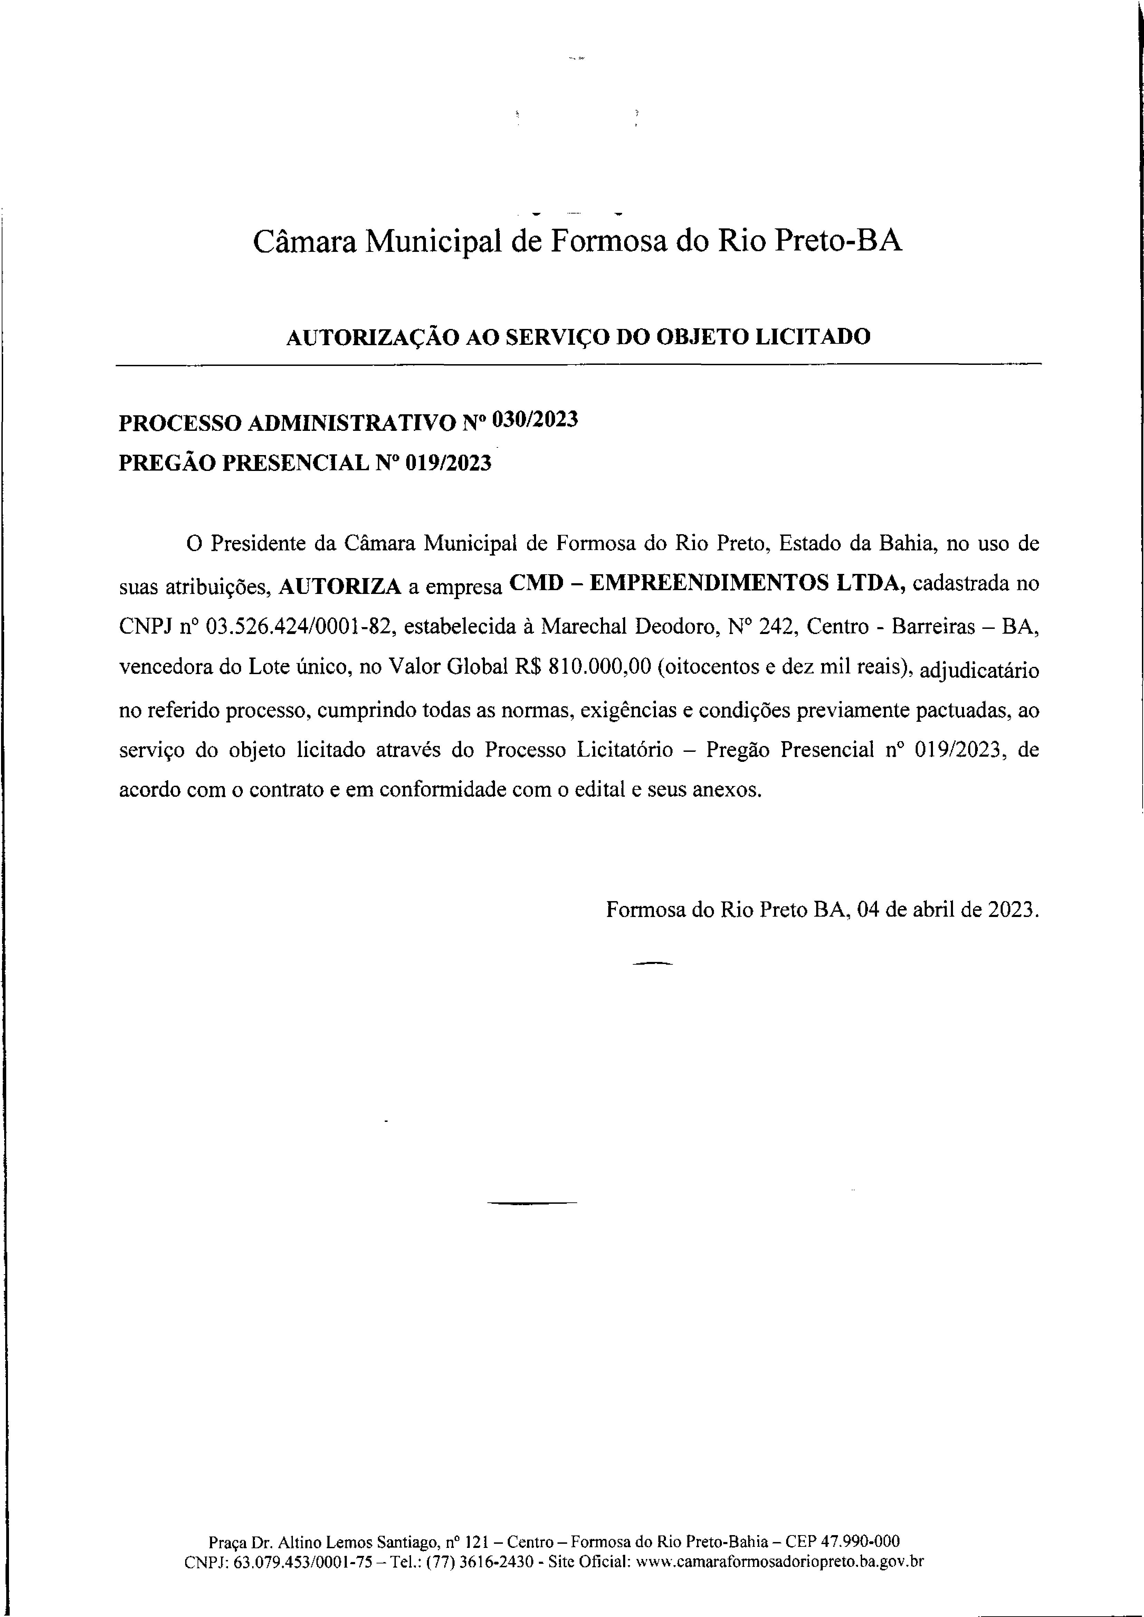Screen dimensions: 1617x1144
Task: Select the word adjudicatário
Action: pyautogui.click(x=979, y=669)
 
